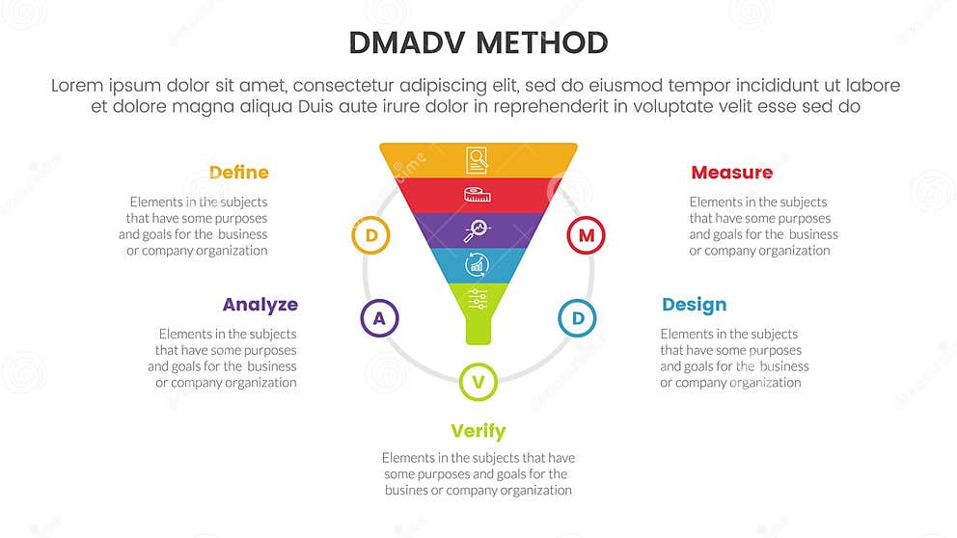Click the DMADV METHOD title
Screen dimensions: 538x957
478,42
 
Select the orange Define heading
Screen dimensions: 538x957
238,173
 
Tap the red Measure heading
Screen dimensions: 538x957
731,173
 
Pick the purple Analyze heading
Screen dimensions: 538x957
260,305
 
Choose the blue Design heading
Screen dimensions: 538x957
694,305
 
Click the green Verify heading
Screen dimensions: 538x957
478,431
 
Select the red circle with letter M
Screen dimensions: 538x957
586,235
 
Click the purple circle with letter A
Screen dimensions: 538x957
379,318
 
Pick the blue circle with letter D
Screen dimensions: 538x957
578,318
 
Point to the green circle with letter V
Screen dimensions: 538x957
478,383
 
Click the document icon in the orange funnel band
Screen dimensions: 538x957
477,159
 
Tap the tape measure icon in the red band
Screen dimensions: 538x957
476,194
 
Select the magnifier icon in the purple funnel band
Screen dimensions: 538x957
476,229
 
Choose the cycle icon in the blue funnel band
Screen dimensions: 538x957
477,263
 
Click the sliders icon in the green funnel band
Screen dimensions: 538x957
477,298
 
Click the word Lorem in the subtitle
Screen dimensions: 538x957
76,86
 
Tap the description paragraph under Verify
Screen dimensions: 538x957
478,473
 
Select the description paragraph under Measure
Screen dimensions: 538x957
762,227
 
